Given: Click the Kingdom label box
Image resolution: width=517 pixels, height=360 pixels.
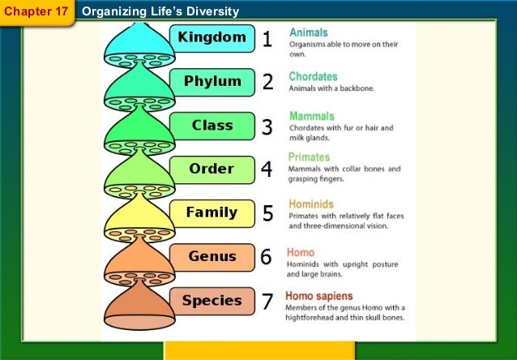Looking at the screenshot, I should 212,38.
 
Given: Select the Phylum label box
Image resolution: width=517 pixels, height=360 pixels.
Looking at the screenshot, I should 212,82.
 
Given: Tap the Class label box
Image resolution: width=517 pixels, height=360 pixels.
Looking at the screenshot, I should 212,126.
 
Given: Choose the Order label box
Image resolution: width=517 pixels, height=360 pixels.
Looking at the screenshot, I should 211,169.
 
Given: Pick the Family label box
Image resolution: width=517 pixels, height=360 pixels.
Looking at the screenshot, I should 211,213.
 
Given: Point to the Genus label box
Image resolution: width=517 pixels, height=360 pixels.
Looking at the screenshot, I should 211,257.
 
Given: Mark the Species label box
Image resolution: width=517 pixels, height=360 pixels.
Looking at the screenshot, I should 211,301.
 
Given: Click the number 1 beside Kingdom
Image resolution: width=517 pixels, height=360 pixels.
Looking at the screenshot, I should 267,39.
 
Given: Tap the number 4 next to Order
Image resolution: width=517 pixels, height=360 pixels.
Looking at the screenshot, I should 267,170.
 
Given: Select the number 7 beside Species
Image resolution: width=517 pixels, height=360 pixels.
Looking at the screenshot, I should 267,302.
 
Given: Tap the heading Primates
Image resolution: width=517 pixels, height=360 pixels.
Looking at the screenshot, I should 310,157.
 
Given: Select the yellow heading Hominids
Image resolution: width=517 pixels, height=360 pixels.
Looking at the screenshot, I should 311,204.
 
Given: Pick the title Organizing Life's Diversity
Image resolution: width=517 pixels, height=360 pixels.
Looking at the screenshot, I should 160,11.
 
